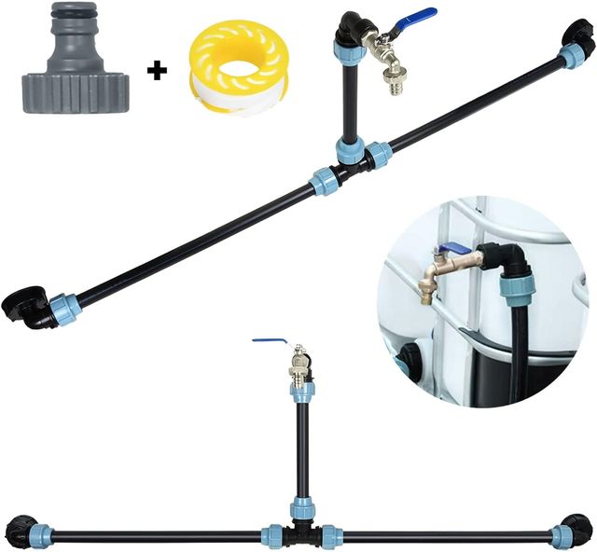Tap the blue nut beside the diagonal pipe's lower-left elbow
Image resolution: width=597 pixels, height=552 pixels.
pyautogui.click(x=65, y=310)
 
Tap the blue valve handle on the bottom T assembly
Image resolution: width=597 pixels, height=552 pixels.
pyautogui.click(x=271, y=340)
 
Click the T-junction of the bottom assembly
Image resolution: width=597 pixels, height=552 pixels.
pyautogui.click(x=301, y=534)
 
